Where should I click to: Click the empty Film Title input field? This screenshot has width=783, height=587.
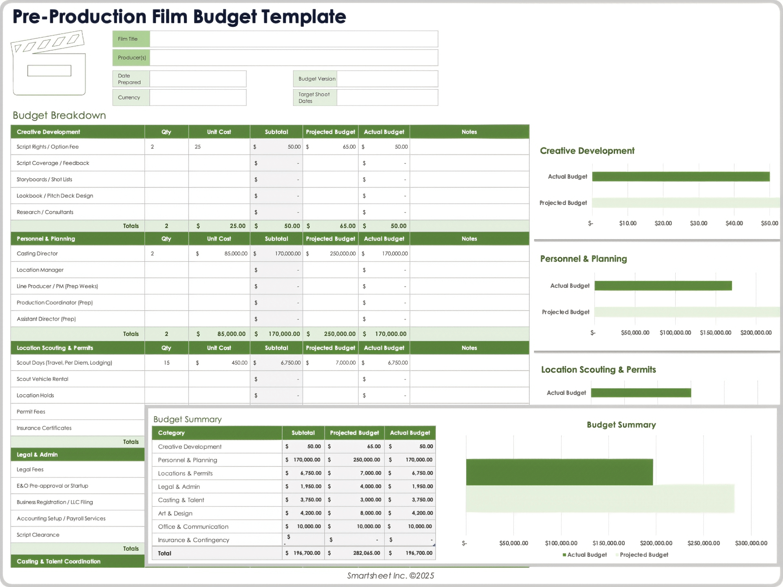pos(294,39)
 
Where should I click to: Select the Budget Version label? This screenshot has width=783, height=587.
pos(317,79)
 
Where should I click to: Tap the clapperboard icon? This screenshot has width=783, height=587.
pos(49,64)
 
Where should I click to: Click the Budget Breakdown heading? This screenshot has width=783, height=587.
pos(59,115)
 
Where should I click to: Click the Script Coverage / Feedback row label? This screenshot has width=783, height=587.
pos(53,163)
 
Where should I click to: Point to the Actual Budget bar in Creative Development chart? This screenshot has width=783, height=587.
pos(680,177)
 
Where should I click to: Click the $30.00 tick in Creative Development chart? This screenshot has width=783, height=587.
pos(698,223)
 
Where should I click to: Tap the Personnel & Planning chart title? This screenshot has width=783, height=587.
pos(583,259)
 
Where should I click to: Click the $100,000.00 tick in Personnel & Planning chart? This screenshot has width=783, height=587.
pos(675,333)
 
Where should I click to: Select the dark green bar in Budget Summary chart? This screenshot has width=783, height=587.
pos(559,472)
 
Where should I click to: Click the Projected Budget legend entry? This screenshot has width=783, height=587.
pos(644,555)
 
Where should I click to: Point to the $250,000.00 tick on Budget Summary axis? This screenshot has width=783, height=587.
pos(703,543)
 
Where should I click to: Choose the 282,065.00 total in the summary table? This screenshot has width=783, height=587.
pos(366,553)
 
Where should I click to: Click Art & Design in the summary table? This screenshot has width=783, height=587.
pos(175,513)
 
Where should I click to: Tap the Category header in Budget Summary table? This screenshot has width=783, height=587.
pos(171,433)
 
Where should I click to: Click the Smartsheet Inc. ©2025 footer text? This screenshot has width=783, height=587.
pos(390,576)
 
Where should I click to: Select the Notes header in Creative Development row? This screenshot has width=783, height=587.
pos(469,132)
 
